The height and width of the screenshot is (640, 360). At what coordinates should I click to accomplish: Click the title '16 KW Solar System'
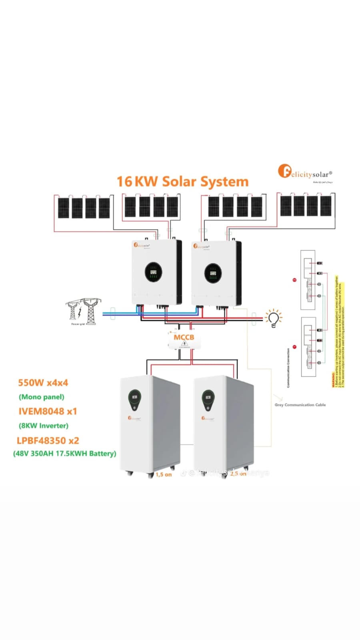(x=182, y=182)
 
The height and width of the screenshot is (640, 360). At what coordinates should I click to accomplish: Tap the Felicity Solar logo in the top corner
(x=305, y=172)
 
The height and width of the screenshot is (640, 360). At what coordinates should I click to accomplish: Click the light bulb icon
(x=274, y=318)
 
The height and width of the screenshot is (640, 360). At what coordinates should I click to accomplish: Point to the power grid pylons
(x=83, y=311)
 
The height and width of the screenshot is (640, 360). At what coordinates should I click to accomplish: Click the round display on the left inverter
(x=153, y=272)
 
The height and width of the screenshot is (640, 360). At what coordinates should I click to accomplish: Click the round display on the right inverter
(x=213, y=273)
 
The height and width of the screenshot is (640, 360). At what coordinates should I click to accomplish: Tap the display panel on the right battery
(x=208, y=400)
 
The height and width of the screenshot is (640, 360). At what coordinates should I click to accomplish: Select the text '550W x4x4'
(x=43, y=383)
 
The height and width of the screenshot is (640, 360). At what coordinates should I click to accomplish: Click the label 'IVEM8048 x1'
(x=48, y=412)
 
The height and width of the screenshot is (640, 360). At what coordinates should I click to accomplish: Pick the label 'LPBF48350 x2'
(x=48, y=441)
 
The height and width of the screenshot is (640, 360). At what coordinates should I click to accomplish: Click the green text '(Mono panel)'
(x=42, y=397)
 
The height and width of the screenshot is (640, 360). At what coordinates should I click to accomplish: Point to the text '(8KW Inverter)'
(x=44, y=426)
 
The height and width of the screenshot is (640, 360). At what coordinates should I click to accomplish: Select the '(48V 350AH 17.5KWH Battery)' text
(x=65, y=454)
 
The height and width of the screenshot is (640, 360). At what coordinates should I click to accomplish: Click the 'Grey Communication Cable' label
(x=300, y=405)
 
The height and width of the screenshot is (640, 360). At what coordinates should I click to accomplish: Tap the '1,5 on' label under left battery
(x=164, y=474)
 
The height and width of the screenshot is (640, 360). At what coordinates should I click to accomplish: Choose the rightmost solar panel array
(x=306, y=206)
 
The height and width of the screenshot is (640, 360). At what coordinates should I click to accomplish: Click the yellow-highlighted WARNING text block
(x=338, y=332)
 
